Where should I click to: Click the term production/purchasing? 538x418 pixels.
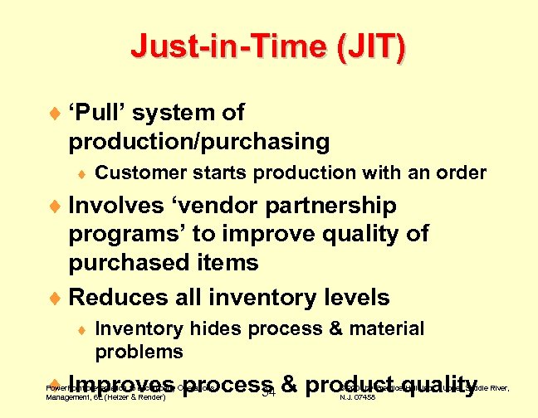198,142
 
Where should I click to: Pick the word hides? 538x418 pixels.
207,329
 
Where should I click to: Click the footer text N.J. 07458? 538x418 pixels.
359,397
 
